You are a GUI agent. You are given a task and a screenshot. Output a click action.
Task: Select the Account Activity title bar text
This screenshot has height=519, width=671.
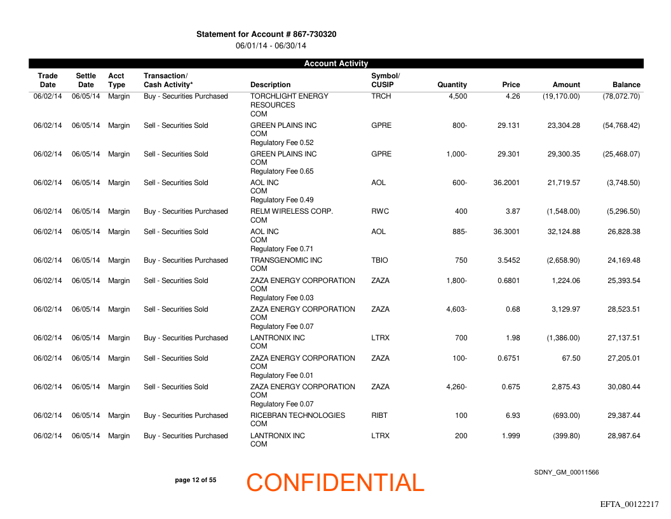tap(336, 64)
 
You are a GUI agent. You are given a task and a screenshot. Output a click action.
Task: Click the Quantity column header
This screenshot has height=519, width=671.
tap(452, 85)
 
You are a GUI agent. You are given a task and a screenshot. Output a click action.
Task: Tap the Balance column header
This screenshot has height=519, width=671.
tap(626, 85)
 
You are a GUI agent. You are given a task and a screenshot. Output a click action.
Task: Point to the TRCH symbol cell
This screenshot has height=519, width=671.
tap(381, 97)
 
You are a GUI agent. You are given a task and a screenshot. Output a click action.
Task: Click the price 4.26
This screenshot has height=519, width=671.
tap(513, 97)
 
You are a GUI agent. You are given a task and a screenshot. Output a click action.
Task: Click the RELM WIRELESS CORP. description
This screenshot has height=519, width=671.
tap(292, 211)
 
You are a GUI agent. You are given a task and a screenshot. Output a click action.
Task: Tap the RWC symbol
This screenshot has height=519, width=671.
tap(380, 211)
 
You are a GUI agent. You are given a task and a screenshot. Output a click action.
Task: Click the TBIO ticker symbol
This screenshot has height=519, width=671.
tap(380, 260)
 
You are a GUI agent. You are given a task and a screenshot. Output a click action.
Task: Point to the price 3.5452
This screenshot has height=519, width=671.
tap(506, 260)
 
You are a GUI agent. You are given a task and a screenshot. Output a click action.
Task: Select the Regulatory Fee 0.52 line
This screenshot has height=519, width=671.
tap(281, 142)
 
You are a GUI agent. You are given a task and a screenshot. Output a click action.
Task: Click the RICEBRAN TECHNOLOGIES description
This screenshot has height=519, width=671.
tap(297, 415)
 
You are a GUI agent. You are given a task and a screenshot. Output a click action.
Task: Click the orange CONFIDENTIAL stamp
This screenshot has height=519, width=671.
tap(335, 483)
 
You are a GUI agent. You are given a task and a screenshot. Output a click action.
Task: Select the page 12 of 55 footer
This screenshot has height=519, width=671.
tap(195, 480)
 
